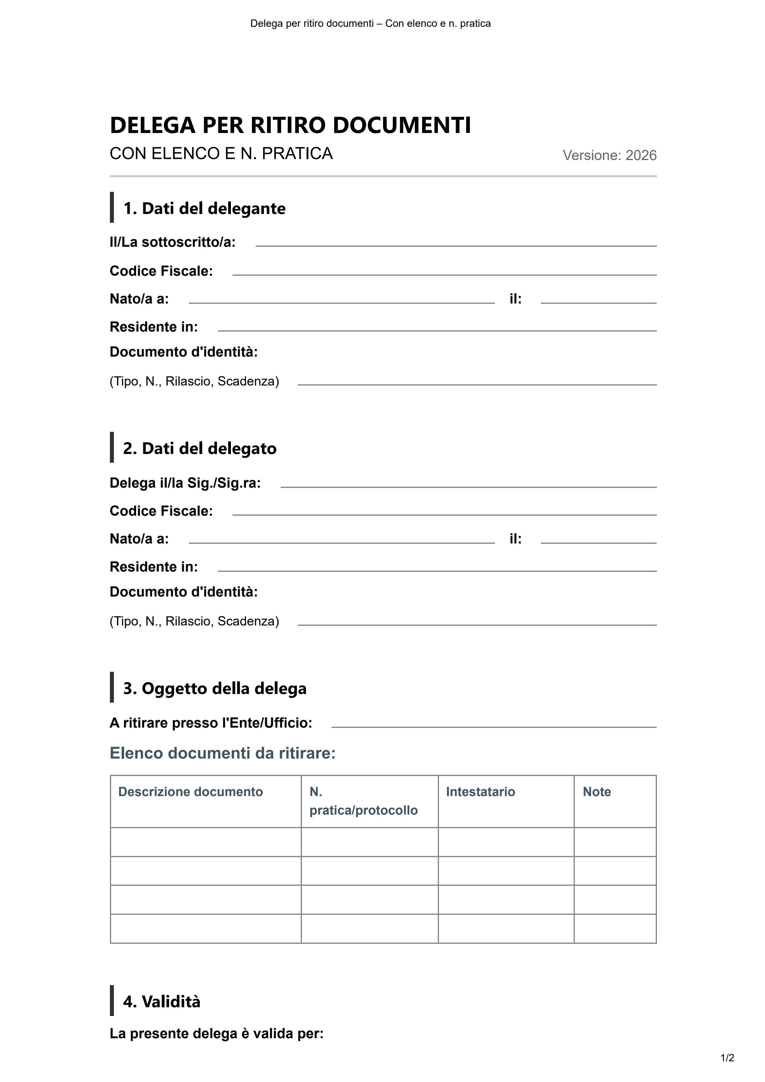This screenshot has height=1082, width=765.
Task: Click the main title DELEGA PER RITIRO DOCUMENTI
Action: (x=290, y=125)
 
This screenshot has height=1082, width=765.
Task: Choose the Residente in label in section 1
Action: (x=153, y=327)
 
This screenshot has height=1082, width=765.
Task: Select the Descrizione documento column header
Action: (x=190, y=792)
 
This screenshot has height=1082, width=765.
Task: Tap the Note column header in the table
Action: (x=597, y=792)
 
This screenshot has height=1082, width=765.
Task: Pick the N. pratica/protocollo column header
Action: (x=363, y=801)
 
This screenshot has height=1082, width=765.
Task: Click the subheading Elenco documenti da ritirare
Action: (x=222, y=753)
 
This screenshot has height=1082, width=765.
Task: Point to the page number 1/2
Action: (x=727, y=1058)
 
